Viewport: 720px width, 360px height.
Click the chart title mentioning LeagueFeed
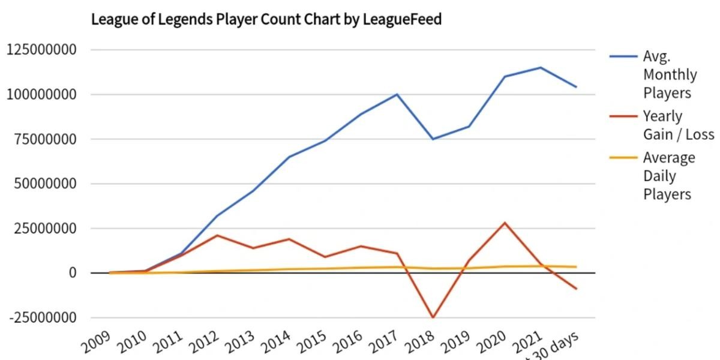click(266, 20)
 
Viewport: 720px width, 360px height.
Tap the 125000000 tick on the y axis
click(41, 50)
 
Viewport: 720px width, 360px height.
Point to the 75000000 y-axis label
click(46, 139)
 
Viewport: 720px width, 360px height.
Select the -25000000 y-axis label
click(41, 318)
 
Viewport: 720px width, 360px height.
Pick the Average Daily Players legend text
click(668, 176)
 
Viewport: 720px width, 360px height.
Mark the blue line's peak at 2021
click(541, 67)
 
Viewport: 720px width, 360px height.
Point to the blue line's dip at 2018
click(433, 139)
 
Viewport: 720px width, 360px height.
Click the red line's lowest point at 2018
click(433, 317)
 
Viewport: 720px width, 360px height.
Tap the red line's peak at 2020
click(505, 223)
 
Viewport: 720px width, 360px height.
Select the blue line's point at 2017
click(397, 94)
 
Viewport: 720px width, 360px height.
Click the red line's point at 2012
click(217, 235)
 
